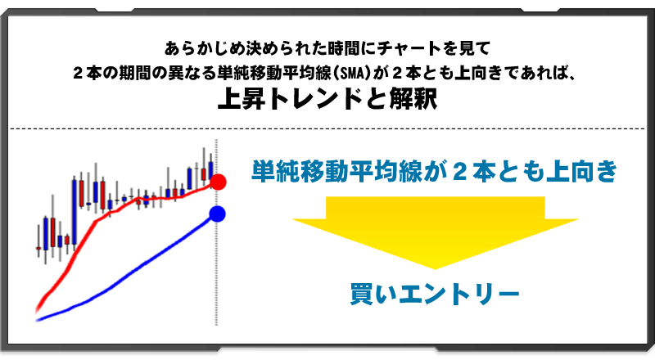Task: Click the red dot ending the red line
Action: [x=218, y=182]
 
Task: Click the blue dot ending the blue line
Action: [x=217, y=214]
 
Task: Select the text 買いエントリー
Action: [x=435, y=295]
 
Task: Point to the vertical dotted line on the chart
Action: [x=215, y=245]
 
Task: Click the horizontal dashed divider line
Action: [x=327, y=128]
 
